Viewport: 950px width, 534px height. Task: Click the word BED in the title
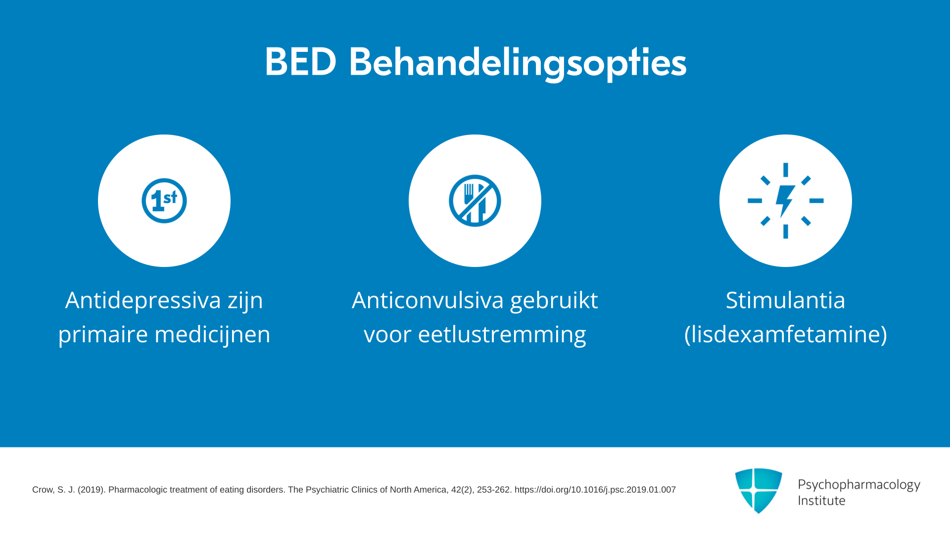pyautogui.click(x=301, y=62)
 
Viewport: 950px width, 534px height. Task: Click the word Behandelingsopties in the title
pyautogui.click(x=518, y=64)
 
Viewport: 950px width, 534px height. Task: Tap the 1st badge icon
pyautogui.click(x=164, y=201)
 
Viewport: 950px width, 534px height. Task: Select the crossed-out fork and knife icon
pyautogui.click(x=475, y=201)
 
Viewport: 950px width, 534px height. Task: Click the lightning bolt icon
pyautogui.click(x=786, y=201)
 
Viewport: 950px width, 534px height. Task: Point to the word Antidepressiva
pyautogui.click(x=143, y=300)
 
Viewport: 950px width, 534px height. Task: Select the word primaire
pyautogui.click(x=103, y=335)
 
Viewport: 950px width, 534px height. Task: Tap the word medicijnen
pyautogui.click(x=213, y=335)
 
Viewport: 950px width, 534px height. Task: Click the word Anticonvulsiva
pyautogui.click(x=427, y=300)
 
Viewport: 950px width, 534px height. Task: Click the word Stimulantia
pyautogui.click(x=785, y=300)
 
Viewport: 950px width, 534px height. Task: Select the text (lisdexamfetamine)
pyautogui.click(x=786, y=334)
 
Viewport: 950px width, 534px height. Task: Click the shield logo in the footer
pyautogui.click(x=759, y=490)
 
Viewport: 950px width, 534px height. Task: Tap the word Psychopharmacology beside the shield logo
pyautogui.click(x=859, y=485)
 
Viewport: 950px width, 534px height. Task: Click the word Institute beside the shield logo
pyautogui.click(x=821, y=500)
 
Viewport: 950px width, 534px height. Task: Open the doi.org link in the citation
pyautogui.click(x=595, y=490)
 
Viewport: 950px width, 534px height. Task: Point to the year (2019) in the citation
pyautogui.click(x=91, y=490)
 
